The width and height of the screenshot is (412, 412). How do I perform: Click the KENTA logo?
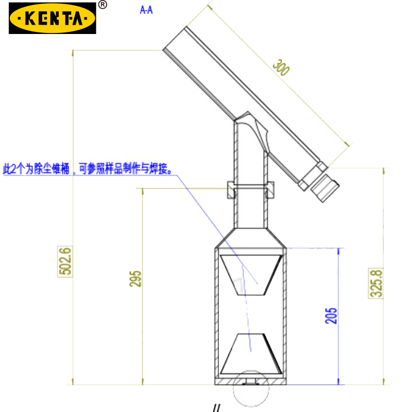53,18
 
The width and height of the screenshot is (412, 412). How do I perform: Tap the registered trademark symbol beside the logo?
102,5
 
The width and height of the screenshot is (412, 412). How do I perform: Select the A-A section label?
146,10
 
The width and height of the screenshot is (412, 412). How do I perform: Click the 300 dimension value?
281,67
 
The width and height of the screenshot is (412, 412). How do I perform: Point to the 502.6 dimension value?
65,261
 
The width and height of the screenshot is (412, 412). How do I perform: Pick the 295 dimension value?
135,279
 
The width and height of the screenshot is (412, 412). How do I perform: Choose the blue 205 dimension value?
331,316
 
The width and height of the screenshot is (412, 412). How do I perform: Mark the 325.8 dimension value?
376,283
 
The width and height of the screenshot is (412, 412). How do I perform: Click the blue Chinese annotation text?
87,168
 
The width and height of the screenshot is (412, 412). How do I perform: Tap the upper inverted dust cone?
251,275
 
